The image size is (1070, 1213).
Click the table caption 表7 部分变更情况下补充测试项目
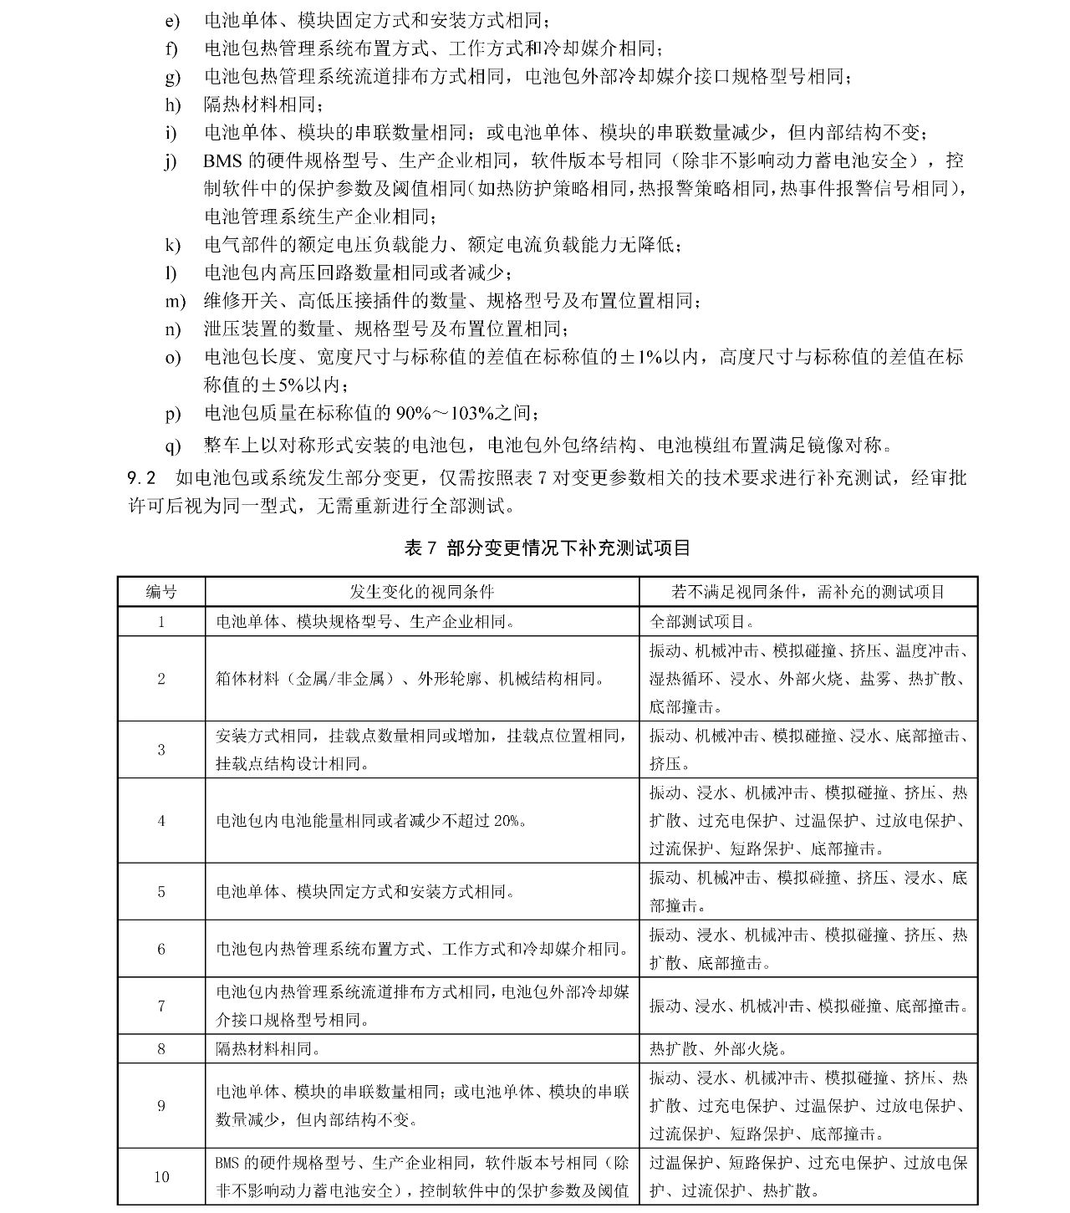tap(547, 548)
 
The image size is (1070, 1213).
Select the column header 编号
tap(161, 592)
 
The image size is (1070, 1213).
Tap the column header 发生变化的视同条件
tap(422, 592)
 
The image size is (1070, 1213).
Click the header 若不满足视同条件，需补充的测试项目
tap(808, 592)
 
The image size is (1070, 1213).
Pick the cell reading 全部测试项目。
tap(702, 622)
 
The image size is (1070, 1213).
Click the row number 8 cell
tap(161, 1048)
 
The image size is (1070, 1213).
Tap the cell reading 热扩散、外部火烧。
tap(718, 1048)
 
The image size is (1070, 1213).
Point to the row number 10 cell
tap(161, 1176)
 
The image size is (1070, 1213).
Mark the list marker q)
tap(173, 446)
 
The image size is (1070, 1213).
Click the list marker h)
tap(173, 104)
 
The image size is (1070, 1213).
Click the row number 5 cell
tap(161, 892)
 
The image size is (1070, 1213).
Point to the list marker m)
tap(175, 301)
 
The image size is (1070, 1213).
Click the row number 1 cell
tap(161, 622)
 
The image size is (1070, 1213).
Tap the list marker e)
tap(173, 20)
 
